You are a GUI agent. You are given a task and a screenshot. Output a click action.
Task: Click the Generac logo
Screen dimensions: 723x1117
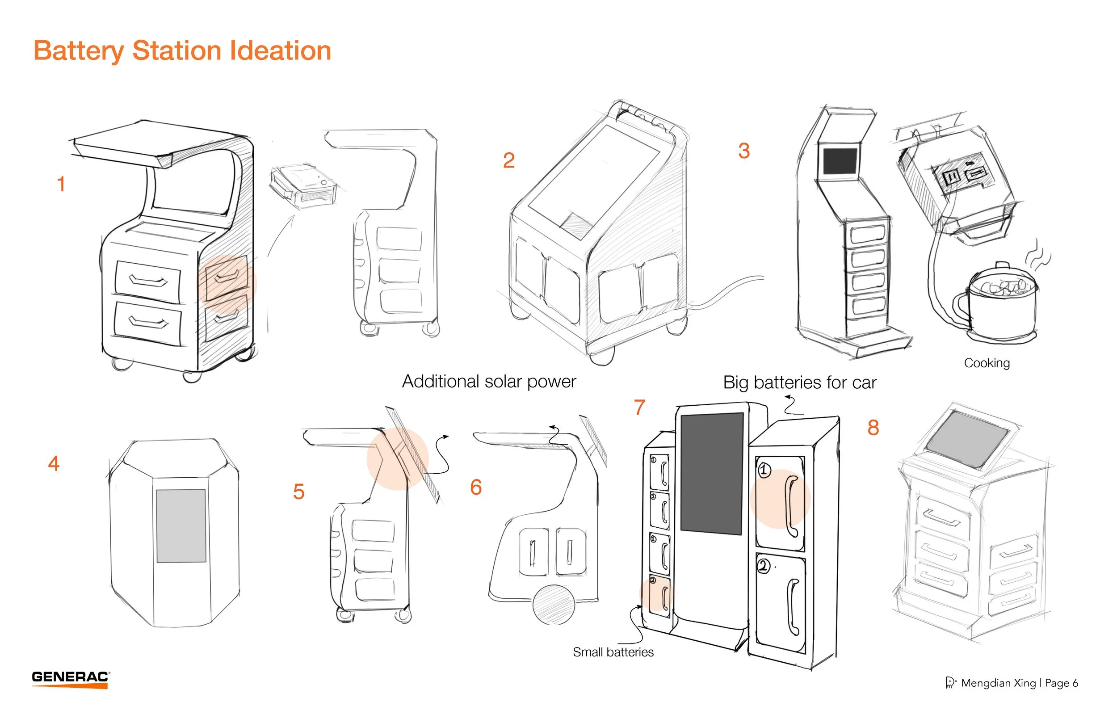tap(71, 679)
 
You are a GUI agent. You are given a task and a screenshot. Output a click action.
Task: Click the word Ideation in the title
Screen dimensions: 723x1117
tap(281, 50)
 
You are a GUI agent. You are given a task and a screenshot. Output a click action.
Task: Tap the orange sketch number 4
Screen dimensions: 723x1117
tap(54, 463)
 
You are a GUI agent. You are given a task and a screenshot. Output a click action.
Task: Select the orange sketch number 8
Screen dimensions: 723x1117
tap(873, 428)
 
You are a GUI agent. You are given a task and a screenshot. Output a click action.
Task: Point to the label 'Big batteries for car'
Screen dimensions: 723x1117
tap(799, 383)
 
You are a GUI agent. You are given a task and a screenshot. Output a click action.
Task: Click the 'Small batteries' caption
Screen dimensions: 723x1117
tap(613, 652)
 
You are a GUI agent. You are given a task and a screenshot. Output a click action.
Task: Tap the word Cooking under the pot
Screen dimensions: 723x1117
tap(987, 363)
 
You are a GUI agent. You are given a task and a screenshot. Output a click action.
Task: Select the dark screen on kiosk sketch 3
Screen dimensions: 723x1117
tap(840, 161)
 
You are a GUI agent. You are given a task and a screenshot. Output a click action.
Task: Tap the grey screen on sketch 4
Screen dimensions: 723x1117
tap(181, 525)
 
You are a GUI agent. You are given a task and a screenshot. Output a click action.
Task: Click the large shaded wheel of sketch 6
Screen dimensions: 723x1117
tap(554, 605)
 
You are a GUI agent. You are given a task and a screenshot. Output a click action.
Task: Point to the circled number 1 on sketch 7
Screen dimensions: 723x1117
tap(764, 470)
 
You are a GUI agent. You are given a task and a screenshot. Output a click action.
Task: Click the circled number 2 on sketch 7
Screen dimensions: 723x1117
tap(764, 566)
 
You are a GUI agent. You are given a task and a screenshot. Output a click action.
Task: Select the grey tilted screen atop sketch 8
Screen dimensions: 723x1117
tap(968, 439)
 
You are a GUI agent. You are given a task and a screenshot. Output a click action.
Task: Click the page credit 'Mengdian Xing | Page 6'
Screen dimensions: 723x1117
tap(1019, 683)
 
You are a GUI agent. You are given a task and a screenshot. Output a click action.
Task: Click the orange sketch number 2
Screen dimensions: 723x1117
tap(509, 160)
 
